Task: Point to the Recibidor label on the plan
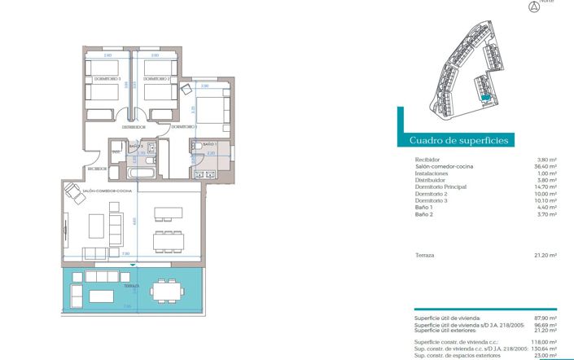pyautogui.click(x=97, y=169)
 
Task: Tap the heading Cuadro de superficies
pyautogui.click(x=459, y=140)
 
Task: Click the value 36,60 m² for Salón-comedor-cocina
pyautogui.click(x=546, y=166)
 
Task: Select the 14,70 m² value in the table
pyautogui.click(x=546, y=187)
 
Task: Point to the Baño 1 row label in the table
pyautogui.click(x=424, y=208)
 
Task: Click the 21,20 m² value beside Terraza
pyautogui.click(x=546, y=255)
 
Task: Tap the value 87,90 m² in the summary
pyautogui.click(x=546, y=318)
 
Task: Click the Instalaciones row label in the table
pyautogui.click(x=432, y=173)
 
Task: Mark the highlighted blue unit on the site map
pyautogui.click(x=484, y=99)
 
